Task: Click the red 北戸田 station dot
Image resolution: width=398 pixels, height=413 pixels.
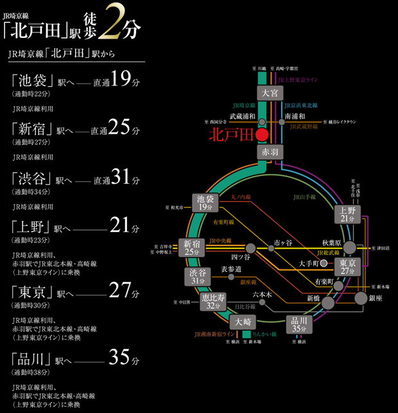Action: (261, 136)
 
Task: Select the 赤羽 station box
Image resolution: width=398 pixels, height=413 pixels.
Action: (268, 152)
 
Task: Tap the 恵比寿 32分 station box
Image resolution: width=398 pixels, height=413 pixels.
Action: (212, 302)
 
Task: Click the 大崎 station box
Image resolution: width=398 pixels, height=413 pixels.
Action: (243, 321)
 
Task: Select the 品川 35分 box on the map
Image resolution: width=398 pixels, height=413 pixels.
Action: (299, 324)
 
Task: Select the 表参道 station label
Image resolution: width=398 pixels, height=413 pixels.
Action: (231, 269)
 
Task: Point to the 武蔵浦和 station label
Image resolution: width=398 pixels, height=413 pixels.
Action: (243, 116)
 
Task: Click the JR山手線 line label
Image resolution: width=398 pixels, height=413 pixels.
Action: (304, 197)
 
